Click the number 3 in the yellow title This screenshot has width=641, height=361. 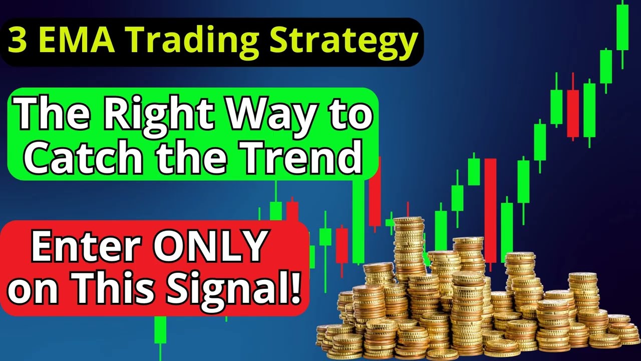click(x=19, y=41)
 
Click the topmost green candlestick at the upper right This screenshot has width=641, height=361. click(x=622, y=29)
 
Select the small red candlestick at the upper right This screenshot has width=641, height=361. click(x=573, y=113)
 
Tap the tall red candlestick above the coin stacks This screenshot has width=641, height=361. click(x=490, y=211)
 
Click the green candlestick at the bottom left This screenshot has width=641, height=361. click(x=160, y=330)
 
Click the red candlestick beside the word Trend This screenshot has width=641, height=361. click(x=375, y=196)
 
